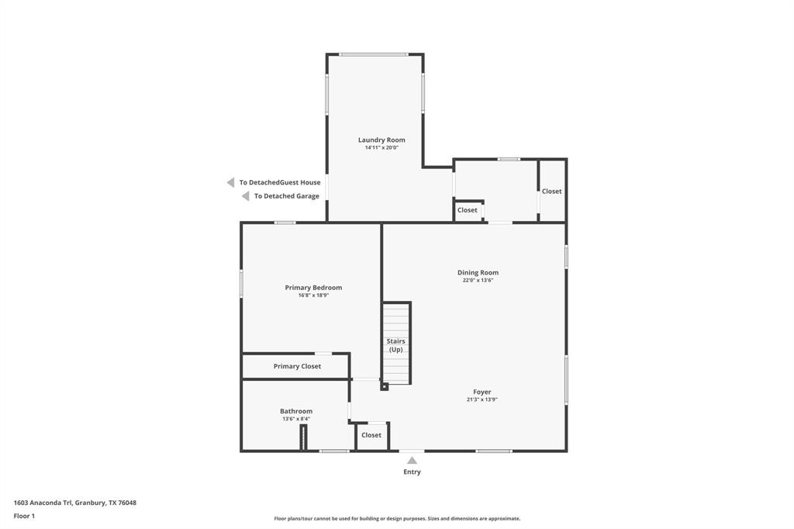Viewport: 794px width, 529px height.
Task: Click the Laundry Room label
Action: (x=381, y=140)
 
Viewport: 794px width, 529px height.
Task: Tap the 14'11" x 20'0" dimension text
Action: (x=381, y=147)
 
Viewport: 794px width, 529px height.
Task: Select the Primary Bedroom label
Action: (x=313, y=287)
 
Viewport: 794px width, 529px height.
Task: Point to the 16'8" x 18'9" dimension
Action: (x=313, y=295)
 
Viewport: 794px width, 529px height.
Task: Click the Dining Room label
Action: (x=478, y=272)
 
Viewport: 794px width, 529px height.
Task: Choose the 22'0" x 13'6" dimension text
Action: (x=478, y=280)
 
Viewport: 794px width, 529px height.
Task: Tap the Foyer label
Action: (x=482, y=392)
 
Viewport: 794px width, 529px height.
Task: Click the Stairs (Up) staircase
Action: (x=396, y=343)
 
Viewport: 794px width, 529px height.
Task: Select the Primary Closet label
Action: (x=297, y=366)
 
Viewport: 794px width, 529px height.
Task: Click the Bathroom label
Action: (x=296, y=411)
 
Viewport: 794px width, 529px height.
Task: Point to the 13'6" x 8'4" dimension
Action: (x=296, y=419)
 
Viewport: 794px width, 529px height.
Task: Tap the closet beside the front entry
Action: (x=371, y=435)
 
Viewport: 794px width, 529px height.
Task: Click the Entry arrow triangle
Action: (x=413, y=461)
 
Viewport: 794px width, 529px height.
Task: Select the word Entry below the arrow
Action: (x=413, y=472)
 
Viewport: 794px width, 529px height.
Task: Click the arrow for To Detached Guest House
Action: (x=230, y=182)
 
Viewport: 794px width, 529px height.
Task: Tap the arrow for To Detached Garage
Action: (x=246, y=196)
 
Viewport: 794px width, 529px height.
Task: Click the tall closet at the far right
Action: (x=552, y=191)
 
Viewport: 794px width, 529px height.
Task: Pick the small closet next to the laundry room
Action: (x=468, y=210)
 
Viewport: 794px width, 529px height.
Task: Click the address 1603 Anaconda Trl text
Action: (x=43, y=503)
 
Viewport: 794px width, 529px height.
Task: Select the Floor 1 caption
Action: (x=24, y=516)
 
